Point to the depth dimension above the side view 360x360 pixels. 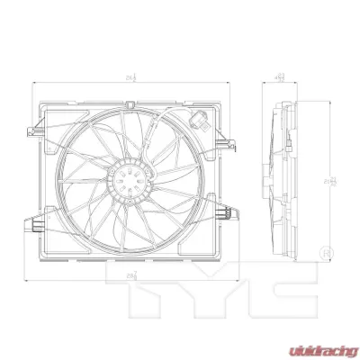279,78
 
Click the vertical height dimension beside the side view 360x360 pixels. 334,180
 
